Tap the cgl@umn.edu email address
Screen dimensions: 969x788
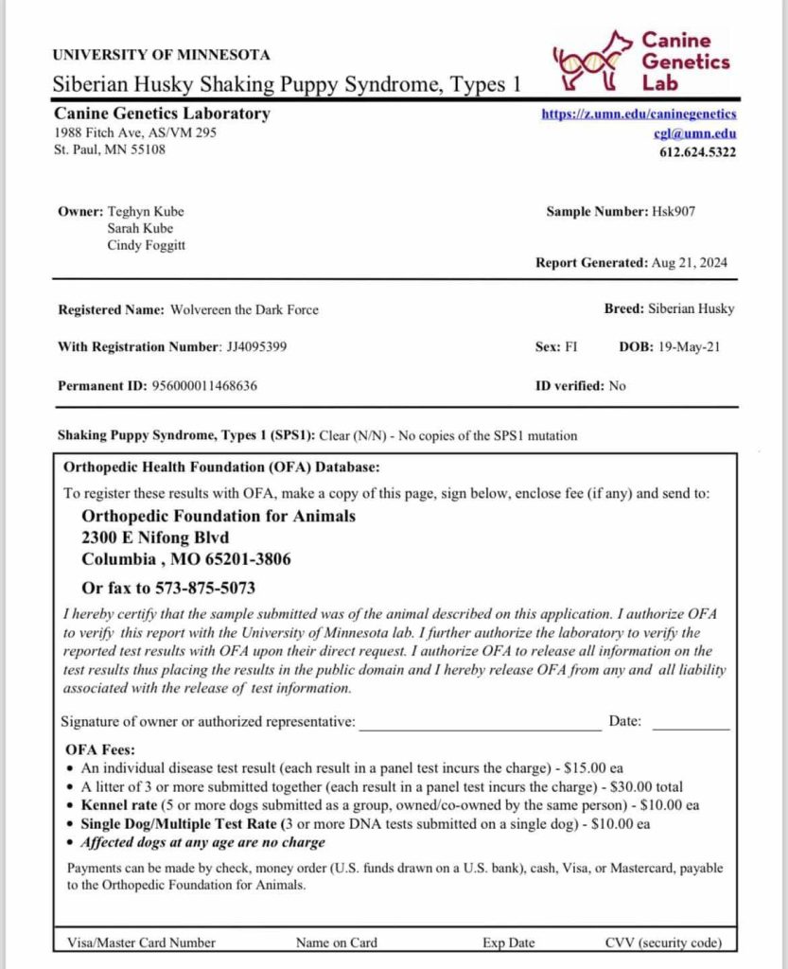tap(708, 133)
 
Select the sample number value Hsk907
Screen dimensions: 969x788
tap(674, 211)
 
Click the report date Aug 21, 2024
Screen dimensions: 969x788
tap(689, 262)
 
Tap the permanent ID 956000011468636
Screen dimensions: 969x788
tap(204, 385)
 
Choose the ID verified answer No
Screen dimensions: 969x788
tap(617, 385)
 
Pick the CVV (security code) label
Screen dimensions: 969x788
tap(662, 942)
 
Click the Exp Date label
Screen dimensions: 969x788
tap(508, 942)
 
